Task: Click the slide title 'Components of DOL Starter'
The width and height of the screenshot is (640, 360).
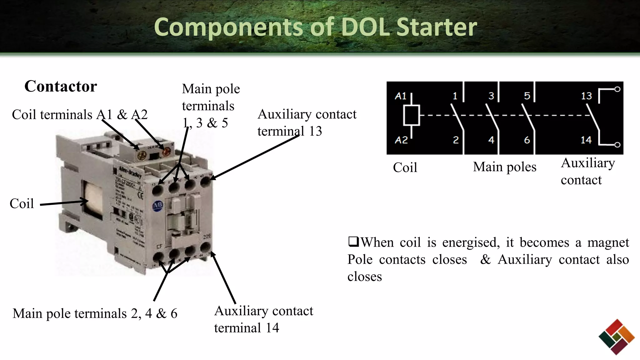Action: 315,27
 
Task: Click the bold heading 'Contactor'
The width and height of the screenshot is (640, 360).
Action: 61,86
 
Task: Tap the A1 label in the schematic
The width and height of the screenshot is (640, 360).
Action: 400,96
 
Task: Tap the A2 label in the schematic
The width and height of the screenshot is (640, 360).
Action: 401,140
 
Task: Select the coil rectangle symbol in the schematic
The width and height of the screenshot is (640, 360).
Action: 411,116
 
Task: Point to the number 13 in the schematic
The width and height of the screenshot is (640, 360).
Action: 586,96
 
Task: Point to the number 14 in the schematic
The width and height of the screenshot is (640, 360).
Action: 586,140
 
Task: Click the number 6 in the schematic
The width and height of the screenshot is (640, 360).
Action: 527,140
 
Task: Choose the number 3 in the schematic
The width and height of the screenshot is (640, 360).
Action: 491,96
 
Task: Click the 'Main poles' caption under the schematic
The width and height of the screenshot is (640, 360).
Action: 504,167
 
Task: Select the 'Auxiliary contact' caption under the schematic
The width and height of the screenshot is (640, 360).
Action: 587,171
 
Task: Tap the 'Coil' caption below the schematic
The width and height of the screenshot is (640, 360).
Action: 405,167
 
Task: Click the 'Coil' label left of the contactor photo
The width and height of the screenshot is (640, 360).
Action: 22,203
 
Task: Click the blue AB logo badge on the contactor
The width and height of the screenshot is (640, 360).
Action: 157,206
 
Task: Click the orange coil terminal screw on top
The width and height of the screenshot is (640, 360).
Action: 166,152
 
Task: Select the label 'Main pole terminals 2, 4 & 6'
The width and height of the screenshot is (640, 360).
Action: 95,313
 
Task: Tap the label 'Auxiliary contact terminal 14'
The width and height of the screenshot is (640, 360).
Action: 263,319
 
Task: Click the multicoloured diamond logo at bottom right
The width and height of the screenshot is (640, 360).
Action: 617,337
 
